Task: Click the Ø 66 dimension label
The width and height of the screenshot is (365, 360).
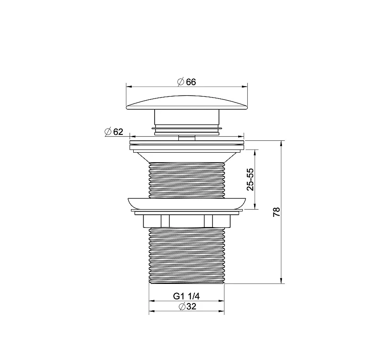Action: click(x=187, y=82)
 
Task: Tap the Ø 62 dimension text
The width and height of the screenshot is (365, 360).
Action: click(x=114, y=132)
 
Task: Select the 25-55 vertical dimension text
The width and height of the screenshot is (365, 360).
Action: click(x=250, y=179)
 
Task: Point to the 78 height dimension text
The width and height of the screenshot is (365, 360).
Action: click(x=276, y=212)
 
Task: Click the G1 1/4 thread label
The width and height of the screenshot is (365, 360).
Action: click(x=186, y=296)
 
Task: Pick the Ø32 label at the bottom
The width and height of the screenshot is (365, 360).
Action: click(x=188, y=307)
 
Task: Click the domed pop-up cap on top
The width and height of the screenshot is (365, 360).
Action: click(x=187, y=103)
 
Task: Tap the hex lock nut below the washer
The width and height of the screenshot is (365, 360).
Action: click(x=187, y=221)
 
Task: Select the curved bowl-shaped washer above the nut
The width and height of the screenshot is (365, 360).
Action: click(x=187, y=203)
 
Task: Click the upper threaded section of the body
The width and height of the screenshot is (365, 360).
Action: click(x=187, y=180)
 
